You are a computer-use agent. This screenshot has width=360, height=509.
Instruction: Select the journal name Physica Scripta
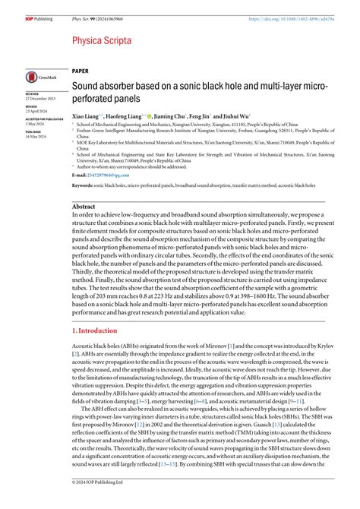click(101, 40)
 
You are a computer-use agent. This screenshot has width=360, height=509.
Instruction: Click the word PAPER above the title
click(81, 69)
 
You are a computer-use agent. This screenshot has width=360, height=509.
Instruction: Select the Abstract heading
click(84, 206)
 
